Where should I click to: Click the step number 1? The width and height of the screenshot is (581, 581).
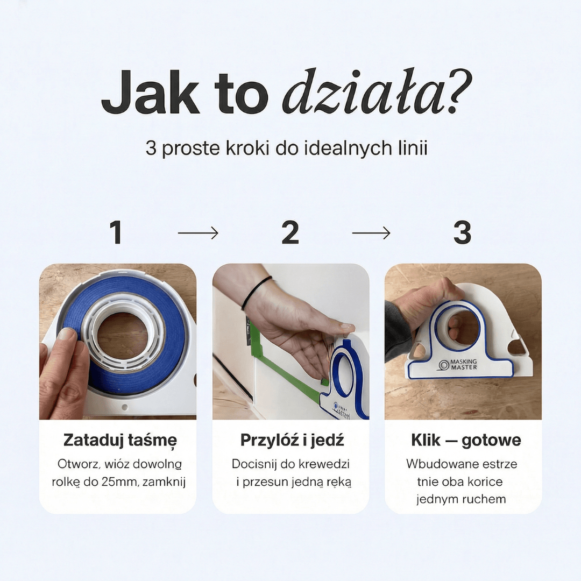[x=116, y=232]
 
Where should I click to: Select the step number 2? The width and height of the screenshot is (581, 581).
[x=290, y=232]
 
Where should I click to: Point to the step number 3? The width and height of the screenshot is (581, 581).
[x=463, y=232]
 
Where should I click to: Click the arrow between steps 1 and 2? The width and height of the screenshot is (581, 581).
[x=198, y=233]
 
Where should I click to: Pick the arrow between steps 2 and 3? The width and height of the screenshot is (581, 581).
[x=371, y=233]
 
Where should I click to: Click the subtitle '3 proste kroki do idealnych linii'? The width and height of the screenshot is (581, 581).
[x=286, y=148]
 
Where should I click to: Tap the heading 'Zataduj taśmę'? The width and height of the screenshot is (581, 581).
[x=120, y=441]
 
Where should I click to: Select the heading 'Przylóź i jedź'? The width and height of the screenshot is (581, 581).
[x=292, y=440]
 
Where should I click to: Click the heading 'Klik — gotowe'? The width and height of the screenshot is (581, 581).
[x=466, y=440]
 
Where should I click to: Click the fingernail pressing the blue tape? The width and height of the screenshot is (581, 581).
[x=67, y=334]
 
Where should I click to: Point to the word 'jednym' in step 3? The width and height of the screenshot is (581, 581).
[x=433, y=499]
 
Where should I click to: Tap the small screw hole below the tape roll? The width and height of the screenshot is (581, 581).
[x=125, y=407]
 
